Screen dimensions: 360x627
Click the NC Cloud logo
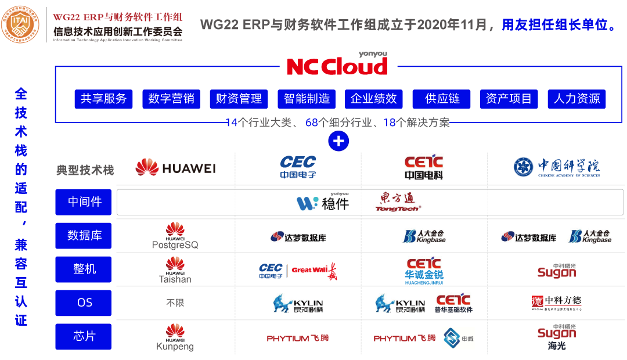pos(337,66)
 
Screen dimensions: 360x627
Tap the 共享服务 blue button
pos(103,99)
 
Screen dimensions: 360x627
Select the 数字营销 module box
pos(171,99)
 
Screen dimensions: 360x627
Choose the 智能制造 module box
pos(307,99)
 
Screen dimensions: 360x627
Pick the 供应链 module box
pos(442,99)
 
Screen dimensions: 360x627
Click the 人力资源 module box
pos(577,99)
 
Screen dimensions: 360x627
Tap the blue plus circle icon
pos(338,141)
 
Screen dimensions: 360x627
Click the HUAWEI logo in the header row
pos(175,168)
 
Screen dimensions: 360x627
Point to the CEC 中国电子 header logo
pos(298,167)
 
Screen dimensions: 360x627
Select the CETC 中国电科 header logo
pos(424,167)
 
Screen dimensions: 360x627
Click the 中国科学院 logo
pos(557,167)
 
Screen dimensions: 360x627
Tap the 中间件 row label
pos(85,202)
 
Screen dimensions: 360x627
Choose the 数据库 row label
pos(85,236)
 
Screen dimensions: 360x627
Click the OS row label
pos(85,303)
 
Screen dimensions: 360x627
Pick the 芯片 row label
pos(85,337)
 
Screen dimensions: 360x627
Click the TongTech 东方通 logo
pos(398,202)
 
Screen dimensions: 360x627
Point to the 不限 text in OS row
pos(175,303)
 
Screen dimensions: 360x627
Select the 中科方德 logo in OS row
pos(556,303)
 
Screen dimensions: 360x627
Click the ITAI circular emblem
pos(23,24)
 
